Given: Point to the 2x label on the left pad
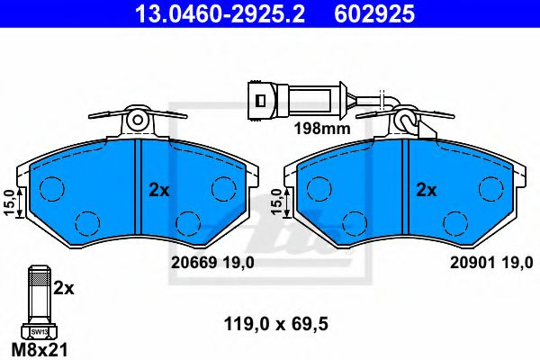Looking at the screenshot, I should (158, 191).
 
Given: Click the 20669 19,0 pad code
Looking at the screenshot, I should (212, 261).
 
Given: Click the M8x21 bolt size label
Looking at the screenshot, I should (37, 346).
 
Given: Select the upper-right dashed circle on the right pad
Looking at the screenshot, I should (490, 188).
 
